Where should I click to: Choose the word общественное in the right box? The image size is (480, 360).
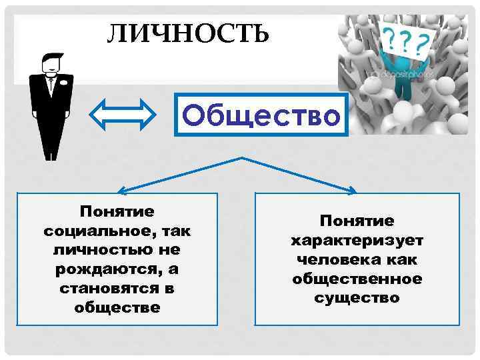tap(357, 278)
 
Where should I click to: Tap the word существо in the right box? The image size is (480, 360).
tap(357, 297)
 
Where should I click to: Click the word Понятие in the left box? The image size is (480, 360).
tap(117, 212)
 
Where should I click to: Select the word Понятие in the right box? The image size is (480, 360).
tap(357, 220)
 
